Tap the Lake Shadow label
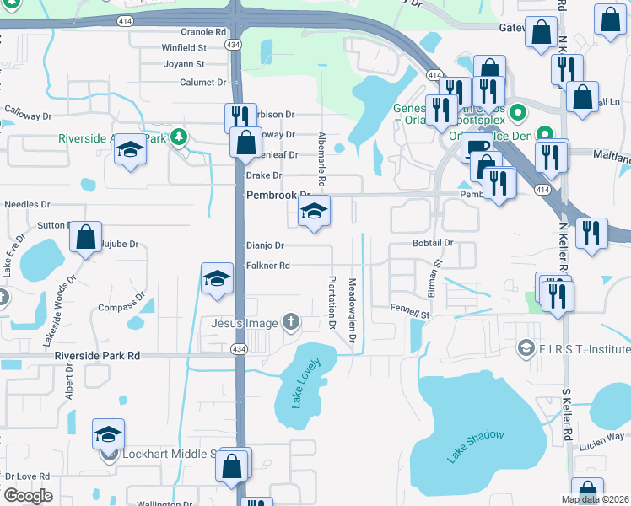[476, 447]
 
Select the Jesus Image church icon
[291, 321]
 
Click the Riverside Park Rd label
[97, 356]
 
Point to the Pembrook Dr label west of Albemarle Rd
[278, 195]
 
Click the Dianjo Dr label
[265, 245]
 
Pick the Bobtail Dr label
[434, 243]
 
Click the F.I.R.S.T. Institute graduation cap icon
[526, 347]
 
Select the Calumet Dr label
[203, 83]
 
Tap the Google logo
[27, 496]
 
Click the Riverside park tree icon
[178, 137]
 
